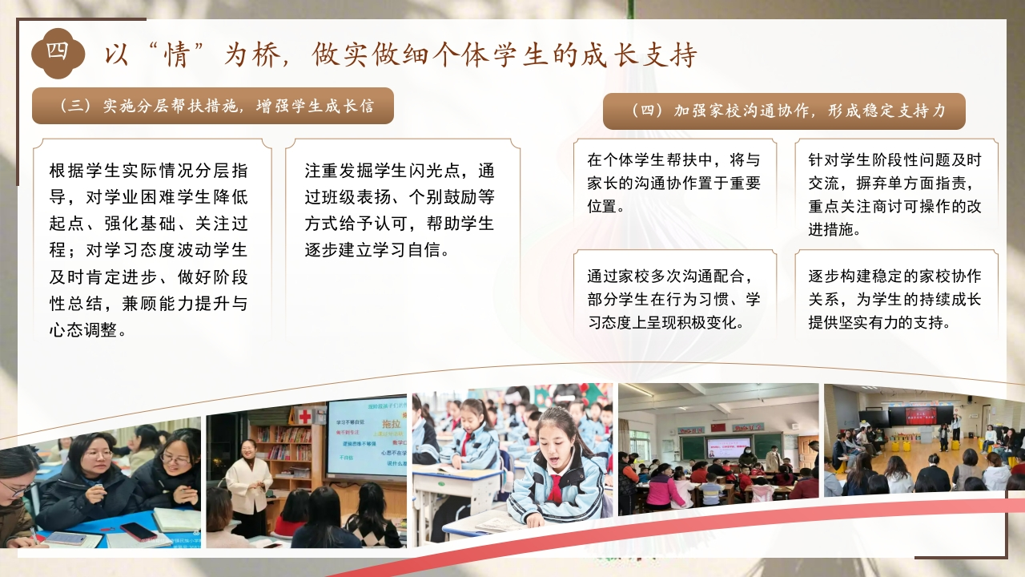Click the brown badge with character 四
pos(58,53)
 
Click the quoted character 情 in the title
pos(177,55)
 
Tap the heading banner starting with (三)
pos(213,106)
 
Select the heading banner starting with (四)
pos(784,111)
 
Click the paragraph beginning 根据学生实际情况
pos(149,250)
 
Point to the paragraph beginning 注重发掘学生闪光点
pos(400,210)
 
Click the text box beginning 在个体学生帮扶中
pos(673,183)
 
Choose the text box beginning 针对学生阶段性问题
pos(894,194)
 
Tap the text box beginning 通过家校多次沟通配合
pos(673,300)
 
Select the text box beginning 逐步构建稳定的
pos(894,300)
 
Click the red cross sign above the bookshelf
pos(305,416)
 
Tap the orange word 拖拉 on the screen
pos(392,423)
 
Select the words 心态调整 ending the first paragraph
pos(84,329)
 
